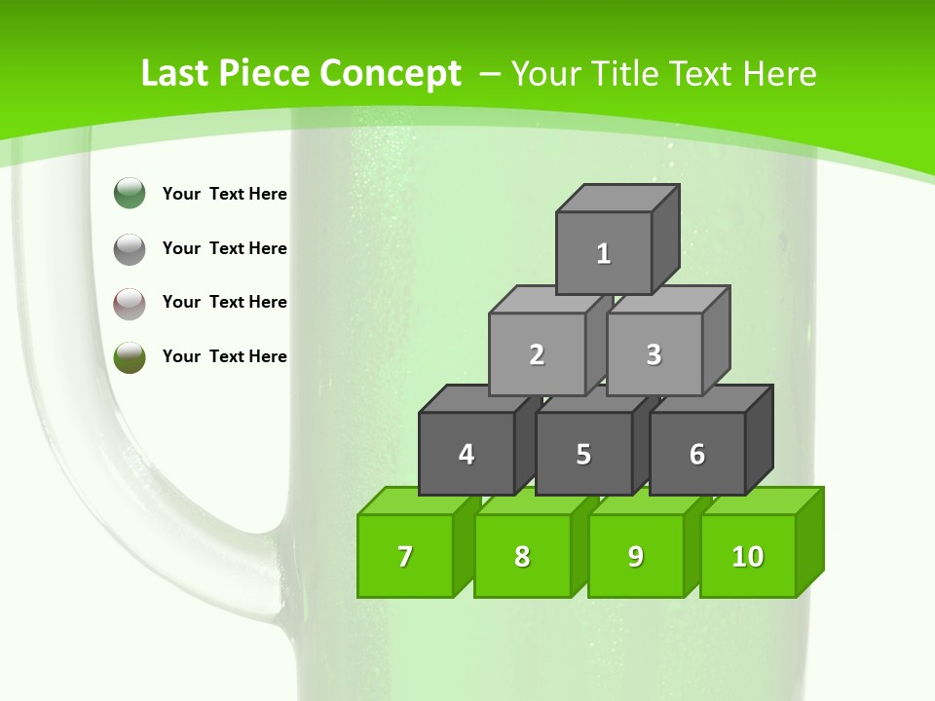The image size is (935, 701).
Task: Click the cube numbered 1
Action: tap(604, 253)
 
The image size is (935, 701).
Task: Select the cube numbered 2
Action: tap(537, 354)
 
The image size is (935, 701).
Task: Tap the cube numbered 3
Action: tap(654, 354)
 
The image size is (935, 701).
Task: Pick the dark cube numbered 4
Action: tap(467, 454)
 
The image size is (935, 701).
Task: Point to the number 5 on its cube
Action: tap(583, 455)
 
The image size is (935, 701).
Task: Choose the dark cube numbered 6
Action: tap(697, 454)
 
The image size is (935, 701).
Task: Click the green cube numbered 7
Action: tap(405, 556)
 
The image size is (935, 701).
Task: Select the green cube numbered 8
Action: tap(522, 556)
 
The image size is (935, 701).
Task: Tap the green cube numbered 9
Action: tap(636, 556)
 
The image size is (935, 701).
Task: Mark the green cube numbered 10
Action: tap(748, 556)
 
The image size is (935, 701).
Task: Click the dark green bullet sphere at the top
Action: tap(130, 194)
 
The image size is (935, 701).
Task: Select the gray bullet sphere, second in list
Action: tap(130, 248)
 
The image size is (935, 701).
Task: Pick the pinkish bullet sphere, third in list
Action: tap(130, 303)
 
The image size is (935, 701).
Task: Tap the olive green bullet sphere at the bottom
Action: tap(130, 356)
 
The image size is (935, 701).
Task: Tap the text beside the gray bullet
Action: tap(225, 248)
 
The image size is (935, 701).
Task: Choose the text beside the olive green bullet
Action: tap(225, 356)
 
